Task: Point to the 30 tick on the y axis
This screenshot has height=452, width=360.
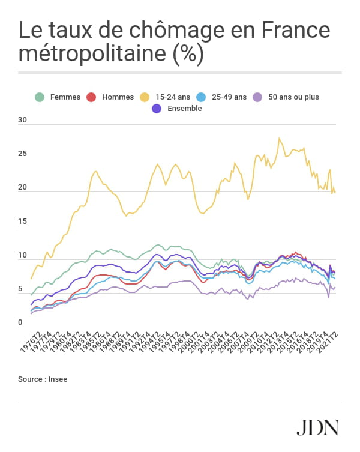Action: (23, 120)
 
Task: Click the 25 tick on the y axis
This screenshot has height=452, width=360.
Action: (23, 154)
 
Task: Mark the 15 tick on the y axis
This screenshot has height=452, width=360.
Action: (23, 221)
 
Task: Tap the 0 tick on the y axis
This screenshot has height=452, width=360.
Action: (20, 322)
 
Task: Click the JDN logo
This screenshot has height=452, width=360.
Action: (317, 427)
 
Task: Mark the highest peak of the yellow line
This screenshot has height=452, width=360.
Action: (279, 138)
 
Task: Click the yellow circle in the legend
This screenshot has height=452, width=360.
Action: (144, 97)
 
